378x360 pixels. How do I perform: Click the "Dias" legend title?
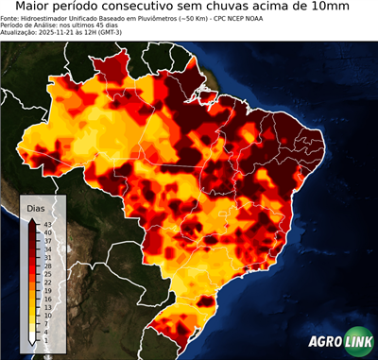36,208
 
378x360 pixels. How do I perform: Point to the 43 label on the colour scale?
47,223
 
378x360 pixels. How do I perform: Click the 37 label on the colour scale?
47,240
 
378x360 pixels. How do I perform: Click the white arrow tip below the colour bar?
33,339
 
